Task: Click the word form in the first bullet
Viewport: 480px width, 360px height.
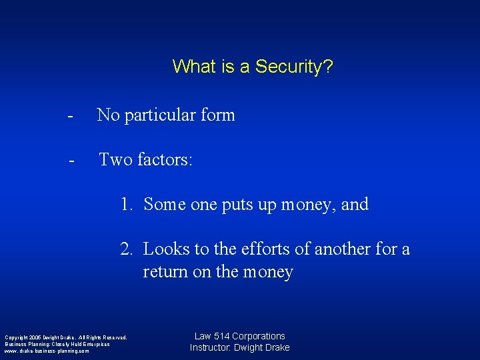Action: (x=217, y=115)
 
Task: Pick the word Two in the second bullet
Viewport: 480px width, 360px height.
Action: (x=115, y=159)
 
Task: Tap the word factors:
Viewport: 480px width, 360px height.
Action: (x=165, y=159)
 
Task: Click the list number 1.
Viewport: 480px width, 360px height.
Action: (x=126, y=204)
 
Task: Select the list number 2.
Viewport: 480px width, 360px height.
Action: (x=126, y=249)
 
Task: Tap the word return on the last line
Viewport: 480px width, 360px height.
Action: (x=163, y=272)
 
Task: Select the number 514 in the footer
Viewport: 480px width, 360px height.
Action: (x=221, y=337)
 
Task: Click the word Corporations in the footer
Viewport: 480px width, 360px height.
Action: (x=258, y=337)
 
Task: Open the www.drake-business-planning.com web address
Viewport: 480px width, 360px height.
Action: (x=47, y=351)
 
